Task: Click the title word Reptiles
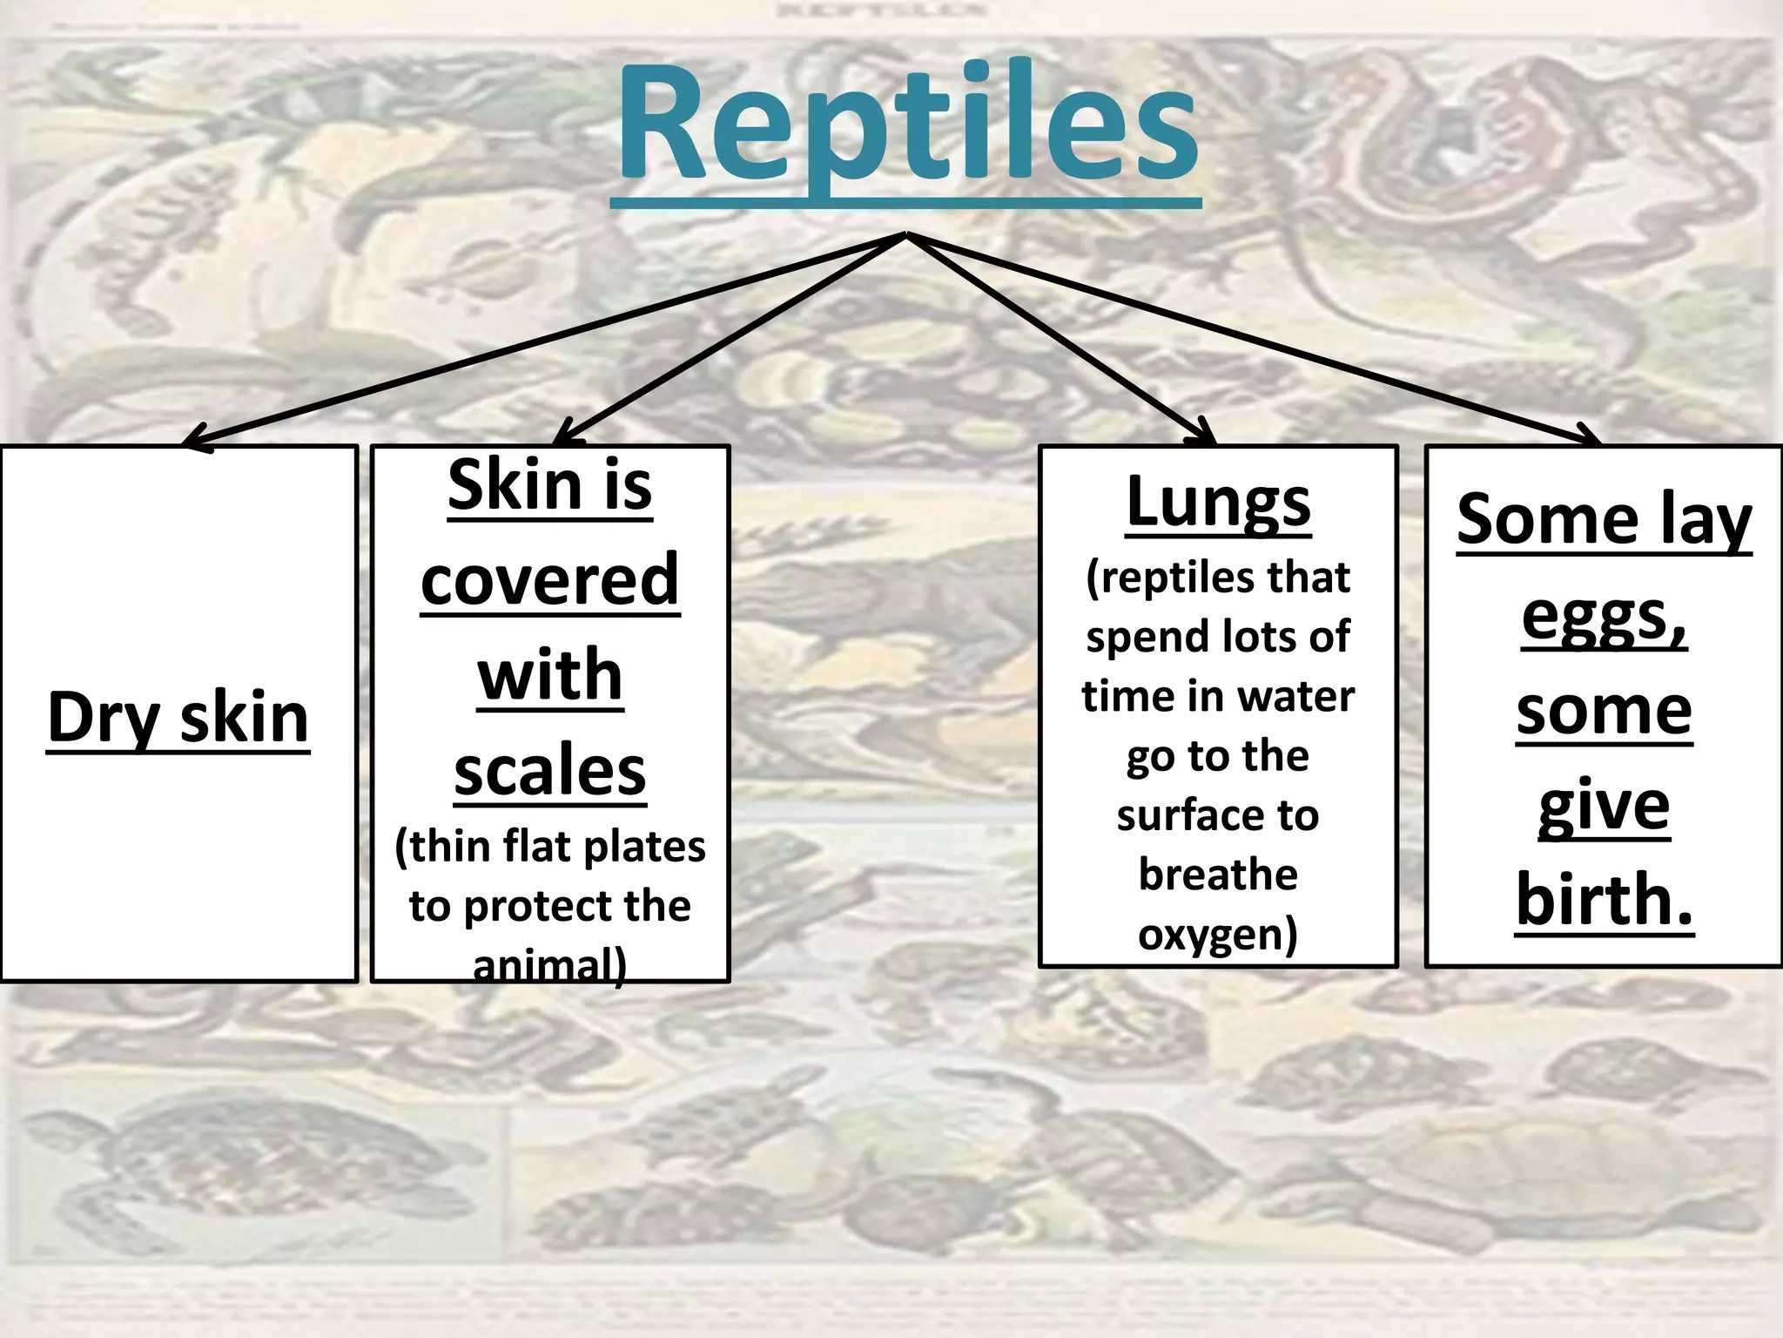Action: pos(907,122)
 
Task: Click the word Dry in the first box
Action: pos(103,718)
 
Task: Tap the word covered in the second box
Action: pos(550,580)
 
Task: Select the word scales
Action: pos(550,770)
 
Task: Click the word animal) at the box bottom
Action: pos(550,965)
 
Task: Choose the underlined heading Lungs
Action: pos(1218,503)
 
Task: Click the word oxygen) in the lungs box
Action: pos(1218,934)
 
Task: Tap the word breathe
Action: pos(1218,875)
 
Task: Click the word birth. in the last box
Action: pos(1604,899)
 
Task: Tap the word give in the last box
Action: pos(1604,805)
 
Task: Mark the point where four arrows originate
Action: pos(906,233)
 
